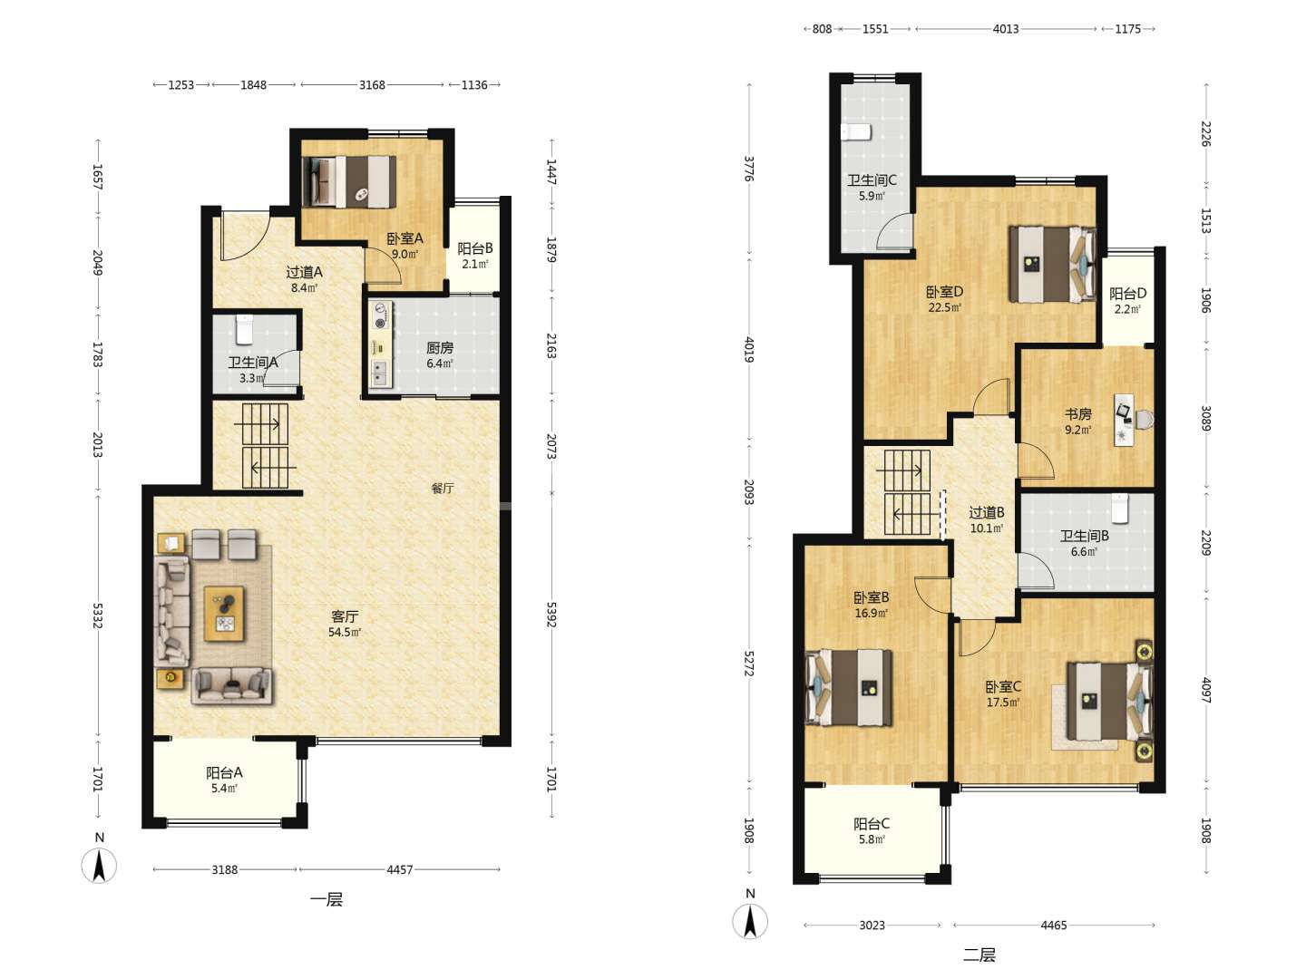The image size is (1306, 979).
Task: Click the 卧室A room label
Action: [404, 238]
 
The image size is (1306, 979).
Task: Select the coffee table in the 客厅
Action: [224, 614]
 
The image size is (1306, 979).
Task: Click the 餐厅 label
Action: [442, 488]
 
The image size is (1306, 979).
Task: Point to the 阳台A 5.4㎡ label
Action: [224, 780]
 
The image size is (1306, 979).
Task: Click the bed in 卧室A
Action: [349, 181]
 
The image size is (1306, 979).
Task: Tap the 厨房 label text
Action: [440, 348]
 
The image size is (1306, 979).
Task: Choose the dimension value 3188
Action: [225, 869]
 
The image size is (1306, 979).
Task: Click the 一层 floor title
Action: [326, 899]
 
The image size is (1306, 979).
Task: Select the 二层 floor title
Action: [979, 955]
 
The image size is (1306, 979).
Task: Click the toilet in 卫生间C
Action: [856, 132]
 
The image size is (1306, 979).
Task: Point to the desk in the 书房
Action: [1124, 420]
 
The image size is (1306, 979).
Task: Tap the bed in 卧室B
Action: [849, 688]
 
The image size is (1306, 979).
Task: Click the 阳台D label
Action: [1127, 294]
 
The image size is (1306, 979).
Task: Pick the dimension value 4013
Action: [1006, 29]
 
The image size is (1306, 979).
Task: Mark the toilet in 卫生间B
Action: [1120, 509]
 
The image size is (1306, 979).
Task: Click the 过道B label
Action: [987, 512]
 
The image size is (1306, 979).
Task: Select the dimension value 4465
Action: [1053, 925]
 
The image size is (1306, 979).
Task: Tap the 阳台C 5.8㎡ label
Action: [871, 831]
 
